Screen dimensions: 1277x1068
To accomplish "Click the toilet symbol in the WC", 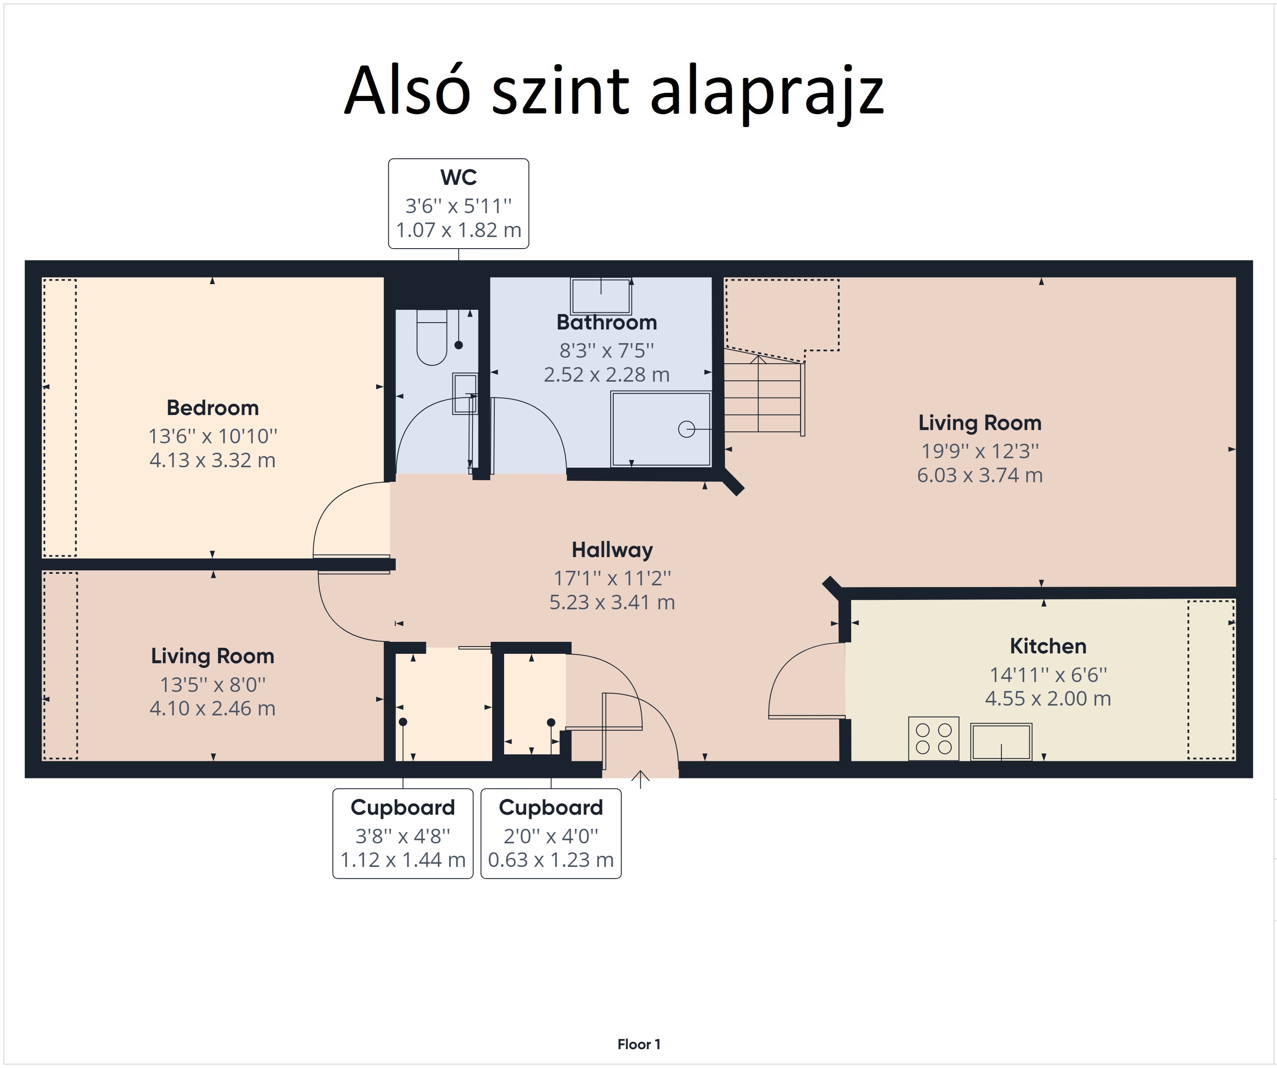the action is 432,337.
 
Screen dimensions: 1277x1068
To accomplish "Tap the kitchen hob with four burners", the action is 933,739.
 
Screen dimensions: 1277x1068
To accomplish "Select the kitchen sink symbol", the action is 1001,742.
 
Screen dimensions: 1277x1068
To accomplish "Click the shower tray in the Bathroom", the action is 661,429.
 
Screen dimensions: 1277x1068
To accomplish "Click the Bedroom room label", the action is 213,407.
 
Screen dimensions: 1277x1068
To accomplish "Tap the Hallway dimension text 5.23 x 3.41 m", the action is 612,602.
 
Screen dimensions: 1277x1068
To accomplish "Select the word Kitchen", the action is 1048,646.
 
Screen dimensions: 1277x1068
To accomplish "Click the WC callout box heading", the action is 458,178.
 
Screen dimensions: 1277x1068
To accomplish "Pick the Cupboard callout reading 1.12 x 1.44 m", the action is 403,834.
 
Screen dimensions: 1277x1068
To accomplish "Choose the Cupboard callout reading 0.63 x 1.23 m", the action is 551,834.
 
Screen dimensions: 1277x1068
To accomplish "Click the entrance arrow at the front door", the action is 640,779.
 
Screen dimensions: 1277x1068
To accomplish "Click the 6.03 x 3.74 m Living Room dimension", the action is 980,475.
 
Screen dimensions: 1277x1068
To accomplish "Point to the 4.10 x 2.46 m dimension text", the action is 213,709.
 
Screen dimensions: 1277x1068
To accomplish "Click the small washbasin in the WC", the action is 465,394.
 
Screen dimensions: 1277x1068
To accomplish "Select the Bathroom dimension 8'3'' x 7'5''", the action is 607,351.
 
